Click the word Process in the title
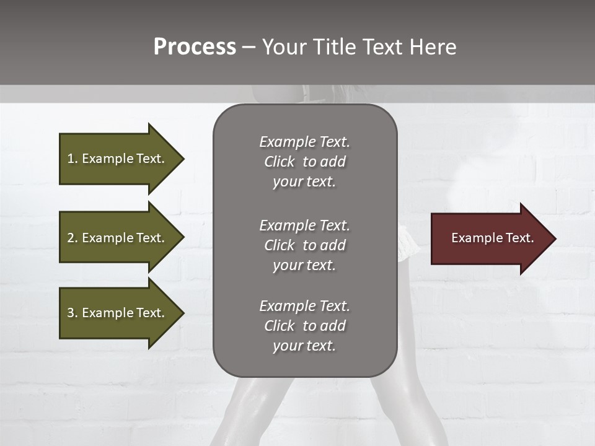click(x=195, y=47)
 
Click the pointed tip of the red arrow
click(x=554, y=238)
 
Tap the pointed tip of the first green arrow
click(x=182, y=159)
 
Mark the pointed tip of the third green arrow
click(x=182, y=313)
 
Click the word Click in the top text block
click(x=279, y=162)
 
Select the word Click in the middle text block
click(x=279, y=245)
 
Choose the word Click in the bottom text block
click(x=279, y=326)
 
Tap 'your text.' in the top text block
click(x=304, y=182)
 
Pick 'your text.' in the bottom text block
click(x=304, y=346)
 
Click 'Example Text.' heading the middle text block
click(x=304, y=225)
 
